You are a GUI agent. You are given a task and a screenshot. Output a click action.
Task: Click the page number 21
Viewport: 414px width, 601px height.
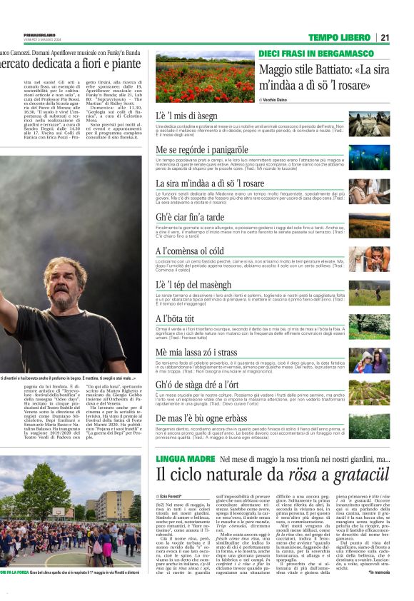click(404, 37)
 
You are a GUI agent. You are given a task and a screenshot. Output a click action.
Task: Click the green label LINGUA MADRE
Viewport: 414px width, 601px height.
click(185, 458)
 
